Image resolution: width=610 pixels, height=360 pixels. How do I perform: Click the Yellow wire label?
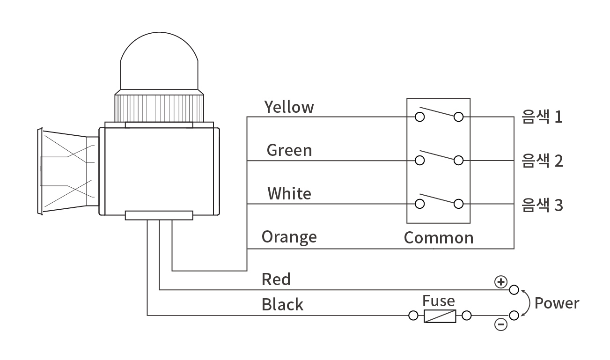pos(289,107)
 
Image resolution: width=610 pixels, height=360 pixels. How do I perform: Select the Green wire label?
pos(289,150)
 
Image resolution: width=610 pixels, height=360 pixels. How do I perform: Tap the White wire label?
pos(289,193)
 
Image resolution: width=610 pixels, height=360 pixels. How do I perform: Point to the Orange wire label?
pos(289,237)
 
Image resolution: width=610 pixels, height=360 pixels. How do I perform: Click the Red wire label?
pos(276,279)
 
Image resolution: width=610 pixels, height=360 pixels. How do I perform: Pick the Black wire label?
pos(282,305)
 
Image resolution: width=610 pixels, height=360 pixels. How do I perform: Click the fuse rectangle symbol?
pos(440,316)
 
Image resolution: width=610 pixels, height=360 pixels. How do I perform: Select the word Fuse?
pos(438,301)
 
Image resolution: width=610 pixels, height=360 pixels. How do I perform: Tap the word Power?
pos(557,303)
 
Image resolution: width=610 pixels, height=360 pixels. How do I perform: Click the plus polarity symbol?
pos(501,281)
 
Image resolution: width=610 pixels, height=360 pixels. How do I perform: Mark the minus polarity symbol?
pos(501,324)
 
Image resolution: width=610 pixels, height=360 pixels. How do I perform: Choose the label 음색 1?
pos(542,117)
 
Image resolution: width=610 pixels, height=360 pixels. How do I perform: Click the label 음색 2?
pos(542,161)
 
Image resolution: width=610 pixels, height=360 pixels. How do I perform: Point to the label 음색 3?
pos(542,205)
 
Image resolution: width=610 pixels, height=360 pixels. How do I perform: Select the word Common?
pos(439,238)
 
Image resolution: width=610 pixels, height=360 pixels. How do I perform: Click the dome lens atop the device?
pos(159,61)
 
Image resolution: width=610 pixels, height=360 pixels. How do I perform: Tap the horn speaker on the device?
pos(66,171)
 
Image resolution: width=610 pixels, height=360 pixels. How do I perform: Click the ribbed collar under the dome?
pos(159,107)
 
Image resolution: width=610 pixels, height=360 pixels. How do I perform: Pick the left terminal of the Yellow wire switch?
pos(420,117)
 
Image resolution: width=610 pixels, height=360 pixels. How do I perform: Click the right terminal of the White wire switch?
pos(458,204)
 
